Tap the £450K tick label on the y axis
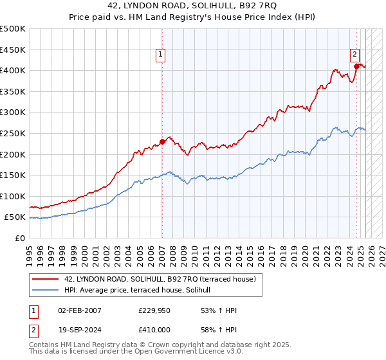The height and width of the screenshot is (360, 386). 14,50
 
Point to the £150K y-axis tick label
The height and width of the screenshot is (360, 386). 14,175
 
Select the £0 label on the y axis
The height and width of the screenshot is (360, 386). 20,238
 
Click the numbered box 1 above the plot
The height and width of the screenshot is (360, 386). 160,55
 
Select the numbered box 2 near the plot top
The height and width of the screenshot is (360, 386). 354,55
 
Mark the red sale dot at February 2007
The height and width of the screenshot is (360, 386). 162,142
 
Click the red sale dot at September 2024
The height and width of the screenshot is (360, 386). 356,66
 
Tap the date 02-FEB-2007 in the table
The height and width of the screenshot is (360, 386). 79,310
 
